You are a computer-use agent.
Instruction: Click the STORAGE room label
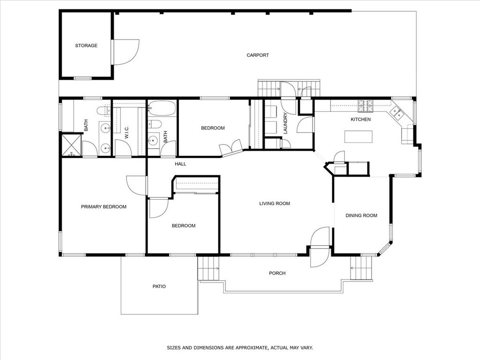(86, 45)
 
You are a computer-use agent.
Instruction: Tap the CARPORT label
(258, 55)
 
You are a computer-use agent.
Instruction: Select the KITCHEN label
(360, 120)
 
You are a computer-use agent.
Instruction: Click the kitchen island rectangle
(359, 136)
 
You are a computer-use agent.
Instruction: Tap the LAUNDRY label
(285, 123)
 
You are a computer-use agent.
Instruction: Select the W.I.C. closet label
(127, 132)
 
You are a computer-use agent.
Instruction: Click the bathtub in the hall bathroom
(162, 108)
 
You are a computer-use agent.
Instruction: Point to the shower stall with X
(71, 145)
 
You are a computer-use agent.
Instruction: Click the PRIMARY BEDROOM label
(104, 207)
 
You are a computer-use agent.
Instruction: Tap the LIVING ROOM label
(275, 203)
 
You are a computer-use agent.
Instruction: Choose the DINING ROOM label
(361, 216)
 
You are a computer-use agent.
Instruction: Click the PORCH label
(277, 273)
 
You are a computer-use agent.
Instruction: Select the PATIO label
(159, 286)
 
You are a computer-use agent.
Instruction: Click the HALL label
(180, 164)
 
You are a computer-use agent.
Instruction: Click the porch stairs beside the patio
(209, 268)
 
